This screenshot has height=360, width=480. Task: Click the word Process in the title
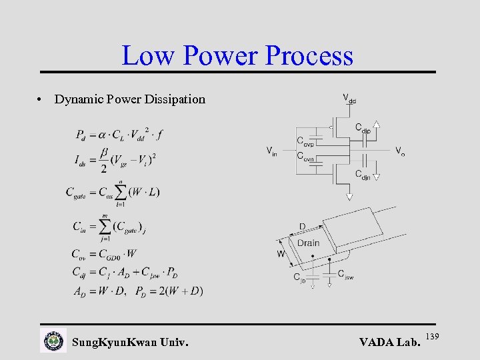pyautogui.click(x=309, y=56)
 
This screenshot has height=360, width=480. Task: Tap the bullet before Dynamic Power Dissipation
pyautogui.click(x=41, y=99)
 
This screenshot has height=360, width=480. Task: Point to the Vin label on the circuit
pyautogui.click(x=272, y=150)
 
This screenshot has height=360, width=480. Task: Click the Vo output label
pyautogui.click(x=400, y=151)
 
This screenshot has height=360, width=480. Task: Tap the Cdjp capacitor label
pyautogui.click(x=363, y=127)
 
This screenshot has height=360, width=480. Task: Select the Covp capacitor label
pyautogui.click(x=305, y=141)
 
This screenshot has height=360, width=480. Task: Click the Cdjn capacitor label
pyautogui.click(x=363, y=175)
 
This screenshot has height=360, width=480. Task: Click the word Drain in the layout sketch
pyautogui.click(x=308, y=243)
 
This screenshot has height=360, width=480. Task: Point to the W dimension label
pyautogui.click(x=281, y=253)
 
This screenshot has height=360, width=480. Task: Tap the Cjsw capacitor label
pyautogui.click(x=345, y=273)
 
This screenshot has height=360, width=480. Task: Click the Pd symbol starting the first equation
pyautogui.click(x=81, y=135)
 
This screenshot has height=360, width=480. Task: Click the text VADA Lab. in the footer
pyautogui.click(x=390, y=343)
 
